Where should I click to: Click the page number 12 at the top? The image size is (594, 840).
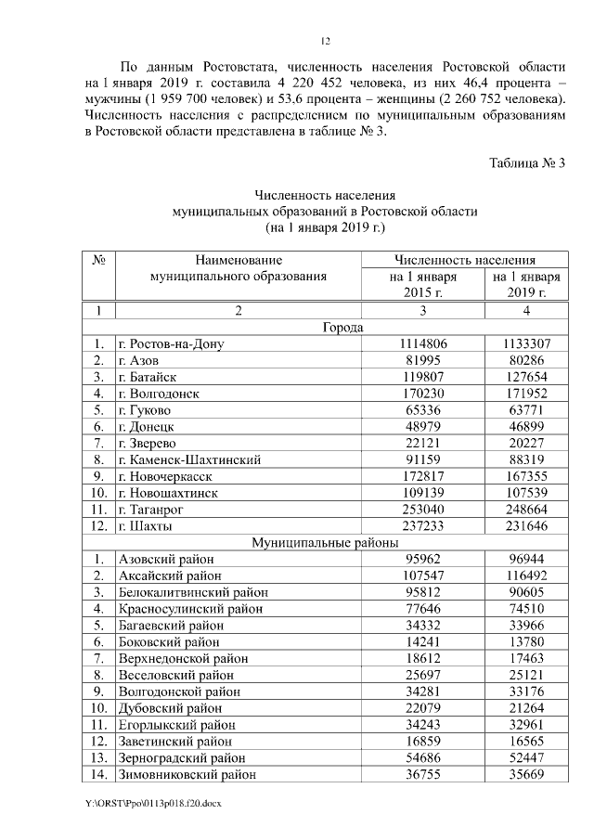click(326, 41)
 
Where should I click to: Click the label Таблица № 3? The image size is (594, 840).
click(527, 163)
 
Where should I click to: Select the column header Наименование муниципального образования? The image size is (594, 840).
click(239, 269)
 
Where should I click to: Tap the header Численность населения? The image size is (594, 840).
click(465, 261)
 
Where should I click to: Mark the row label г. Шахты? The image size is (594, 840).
click(146, 526)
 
